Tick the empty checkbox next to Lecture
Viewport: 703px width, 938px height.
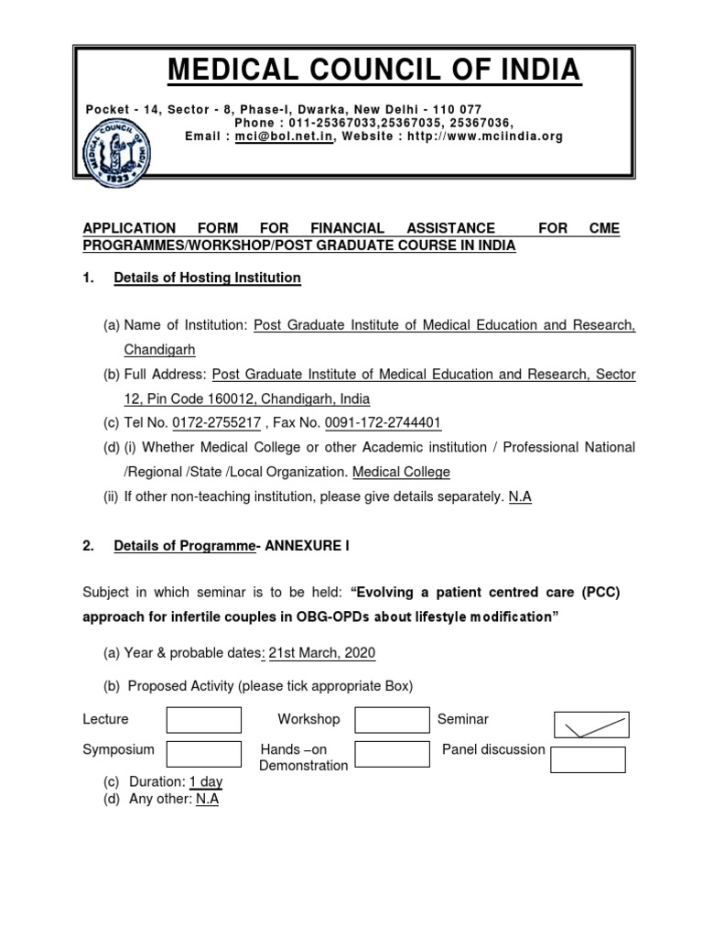pos(203,720)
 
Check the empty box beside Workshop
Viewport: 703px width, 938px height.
pos(392,720)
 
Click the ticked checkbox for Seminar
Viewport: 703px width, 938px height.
pos(591,725)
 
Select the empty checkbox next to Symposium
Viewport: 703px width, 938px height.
pos(203,754)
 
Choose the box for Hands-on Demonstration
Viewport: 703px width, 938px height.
pos(392,754)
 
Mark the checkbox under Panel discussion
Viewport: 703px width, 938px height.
pos(589,759)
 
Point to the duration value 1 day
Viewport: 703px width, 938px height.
pos(206,782)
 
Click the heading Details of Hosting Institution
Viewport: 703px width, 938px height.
pos(207,278)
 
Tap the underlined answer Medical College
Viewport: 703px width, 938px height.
pos(401,473)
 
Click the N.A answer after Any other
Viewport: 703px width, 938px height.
pos(207,799)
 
